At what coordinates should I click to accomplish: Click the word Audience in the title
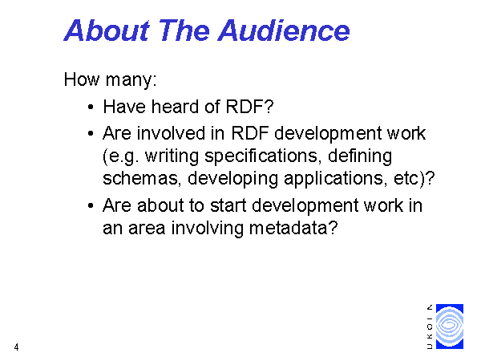click(284, 30)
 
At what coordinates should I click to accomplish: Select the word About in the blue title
click(107, 30)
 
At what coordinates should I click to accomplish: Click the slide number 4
click(16, 347)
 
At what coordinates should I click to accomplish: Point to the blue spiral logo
click(450, 327)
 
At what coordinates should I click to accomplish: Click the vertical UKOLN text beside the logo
click(430, 327)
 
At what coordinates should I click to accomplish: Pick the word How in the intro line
click(82, 79)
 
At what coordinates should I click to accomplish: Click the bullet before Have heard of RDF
click(91, 107)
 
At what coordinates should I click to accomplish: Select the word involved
click(171, 133)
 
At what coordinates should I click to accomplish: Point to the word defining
click(360, 156)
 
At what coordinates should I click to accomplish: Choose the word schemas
click(140, 178)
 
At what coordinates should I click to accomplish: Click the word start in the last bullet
click(228, 205)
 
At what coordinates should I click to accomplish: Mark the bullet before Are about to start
click(91, 206)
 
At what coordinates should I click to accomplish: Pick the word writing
click(172, 156)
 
